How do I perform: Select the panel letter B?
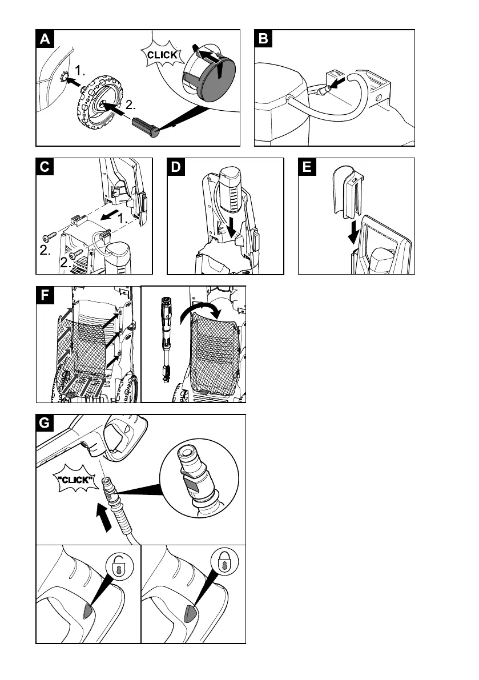coord(263,39)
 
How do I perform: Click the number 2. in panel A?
coord(131,106)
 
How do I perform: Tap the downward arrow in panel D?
coord(231,229)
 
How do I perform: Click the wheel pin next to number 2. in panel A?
coord(148,126)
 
